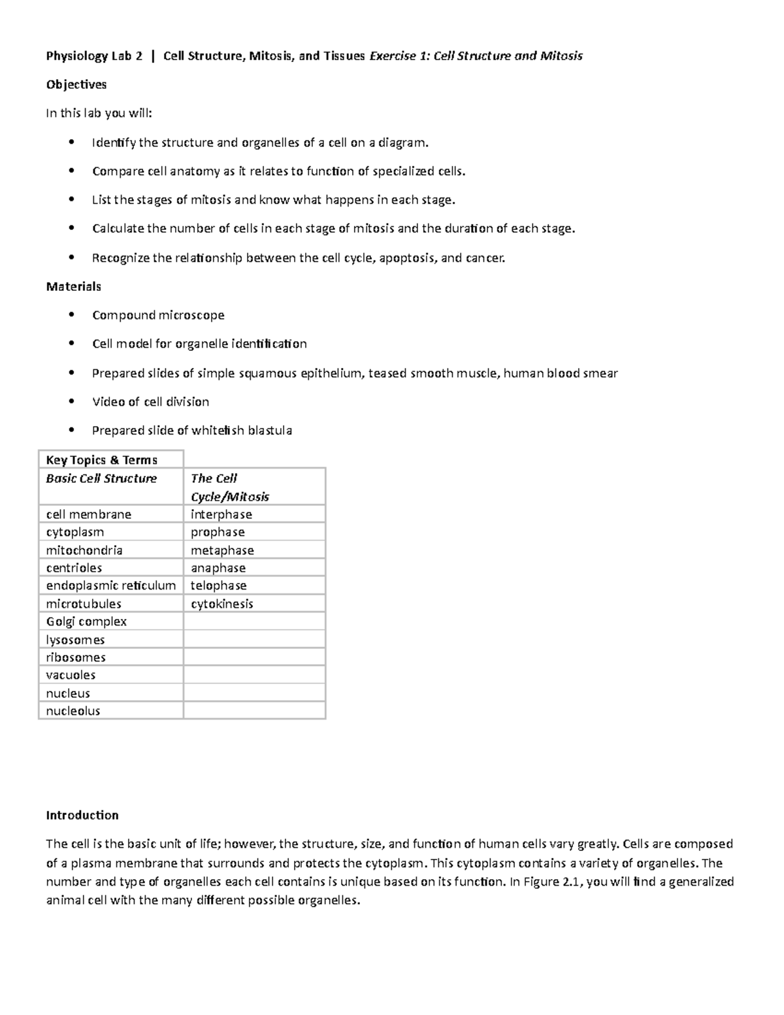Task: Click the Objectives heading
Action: (x=76, y=84)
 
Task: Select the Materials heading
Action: (x=73, y=286)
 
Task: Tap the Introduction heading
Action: (x=82, y=815)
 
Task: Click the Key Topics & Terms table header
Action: (x=101, y=459)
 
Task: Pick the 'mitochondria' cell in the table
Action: (x=84, y=550)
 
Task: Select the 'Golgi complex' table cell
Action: (x=86, y=622)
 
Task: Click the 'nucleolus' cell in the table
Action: (x=73, y=711)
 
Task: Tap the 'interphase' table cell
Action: (x=221, y=514)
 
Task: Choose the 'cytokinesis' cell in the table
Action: (x=222, y=604)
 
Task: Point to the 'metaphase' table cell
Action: (x=222, y=550)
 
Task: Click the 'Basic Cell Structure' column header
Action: (x=101, y=478)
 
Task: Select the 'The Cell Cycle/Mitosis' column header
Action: (x=229, y=488)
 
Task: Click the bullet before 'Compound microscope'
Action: (x=71, y=315)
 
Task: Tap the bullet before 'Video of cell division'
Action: (x=71, y=401)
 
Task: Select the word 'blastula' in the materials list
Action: (x=270, y=431)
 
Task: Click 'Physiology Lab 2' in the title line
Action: (x=94, y=56)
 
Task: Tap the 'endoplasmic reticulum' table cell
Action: (x=111, y=586)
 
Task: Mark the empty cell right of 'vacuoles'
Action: (x=254, y=675)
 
